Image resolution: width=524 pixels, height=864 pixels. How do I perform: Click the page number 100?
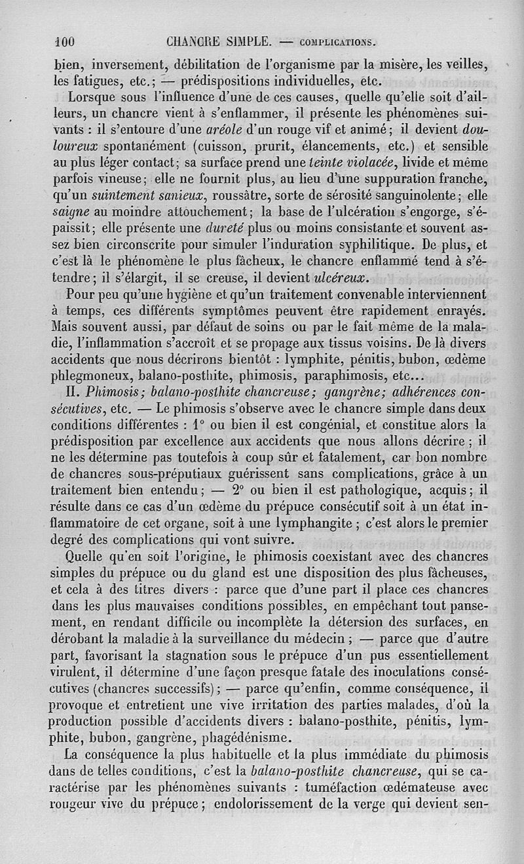pyautogui.click(x=65, y=41)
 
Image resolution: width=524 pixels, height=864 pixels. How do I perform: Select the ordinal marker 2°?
pyautogui.click(x=234, y=490)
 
